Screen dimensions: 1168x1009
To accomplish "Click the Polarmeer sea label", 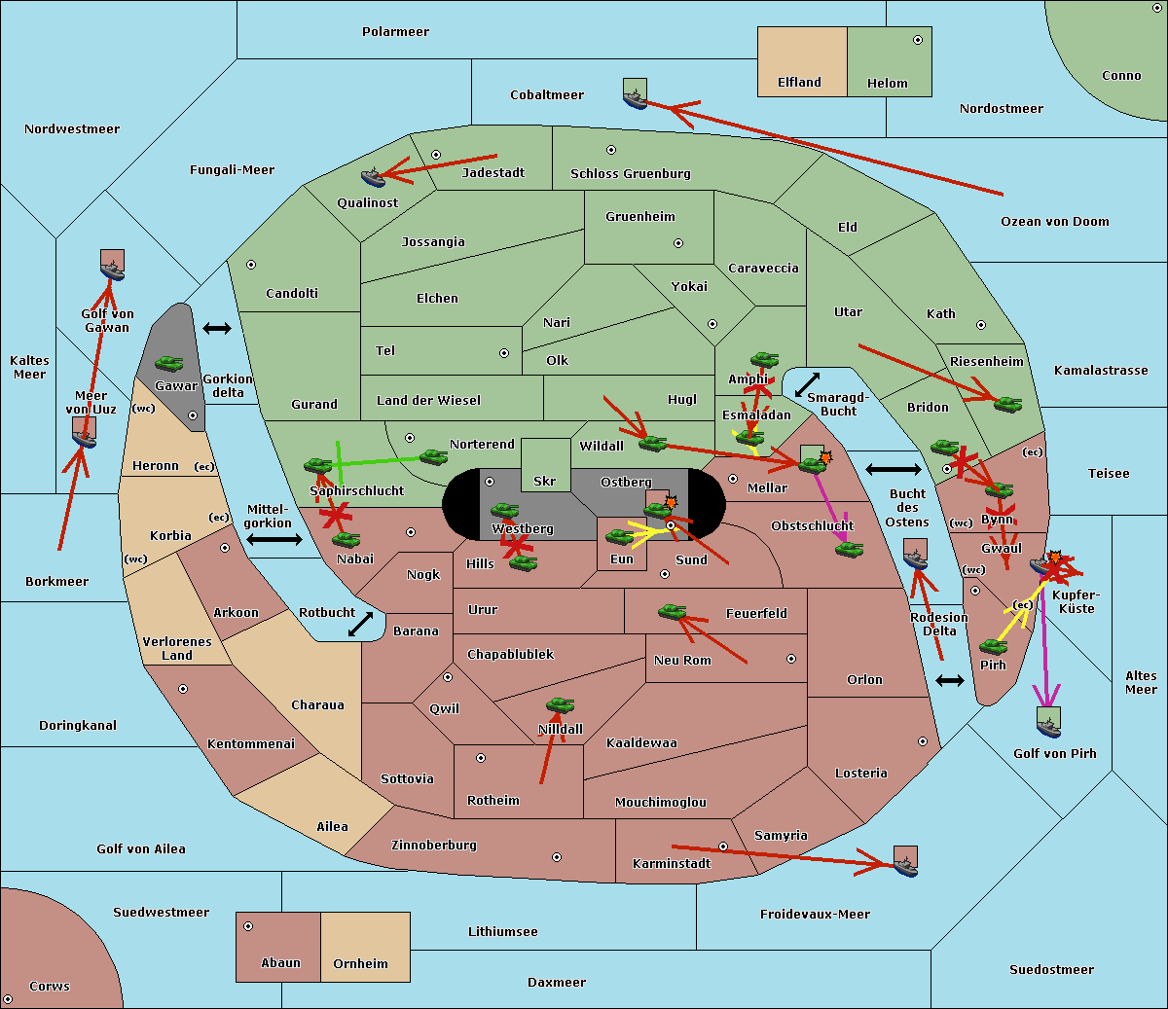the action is click(395, 32).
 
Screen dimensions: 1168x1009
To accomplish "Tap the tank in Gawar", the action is click(169, 363).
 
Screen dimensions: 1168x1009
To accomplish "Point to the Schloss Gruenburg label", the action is click(631, 173).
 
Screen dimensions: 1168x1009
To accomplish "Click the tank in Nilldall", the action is click(560, 705).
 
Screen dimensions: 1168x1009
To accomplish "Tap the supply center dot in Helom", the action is click(918, 40).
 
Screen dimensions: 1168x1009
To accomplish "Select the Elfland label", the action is click(799, 83).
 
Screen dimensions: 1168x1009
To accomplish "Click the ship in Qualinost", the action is click(373, 177).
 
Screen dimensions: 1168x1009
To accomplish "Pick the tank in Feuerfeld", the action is click(672, 611).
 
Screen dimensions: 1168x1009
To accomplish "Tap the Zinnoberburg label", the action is click(434, 846).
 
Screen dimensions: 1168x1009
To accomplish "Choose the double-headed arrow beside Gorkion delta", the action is click(217, 328).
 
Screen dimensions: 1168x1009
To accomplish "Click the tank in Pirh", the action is click(993, 646).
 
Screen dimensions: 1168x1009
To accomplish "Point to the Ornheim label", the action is click(360, 964).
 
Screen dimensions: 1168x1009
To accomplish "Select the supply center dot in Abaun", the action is click(248, 926).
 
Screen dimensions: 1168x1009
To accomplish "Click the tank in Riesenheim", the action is click(1008, 404).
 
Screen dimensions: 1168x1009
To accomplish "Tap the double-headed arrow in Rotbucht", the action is click(360, 624).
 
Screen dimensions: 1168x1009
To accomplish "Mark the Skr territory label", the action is click(544, 481).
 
